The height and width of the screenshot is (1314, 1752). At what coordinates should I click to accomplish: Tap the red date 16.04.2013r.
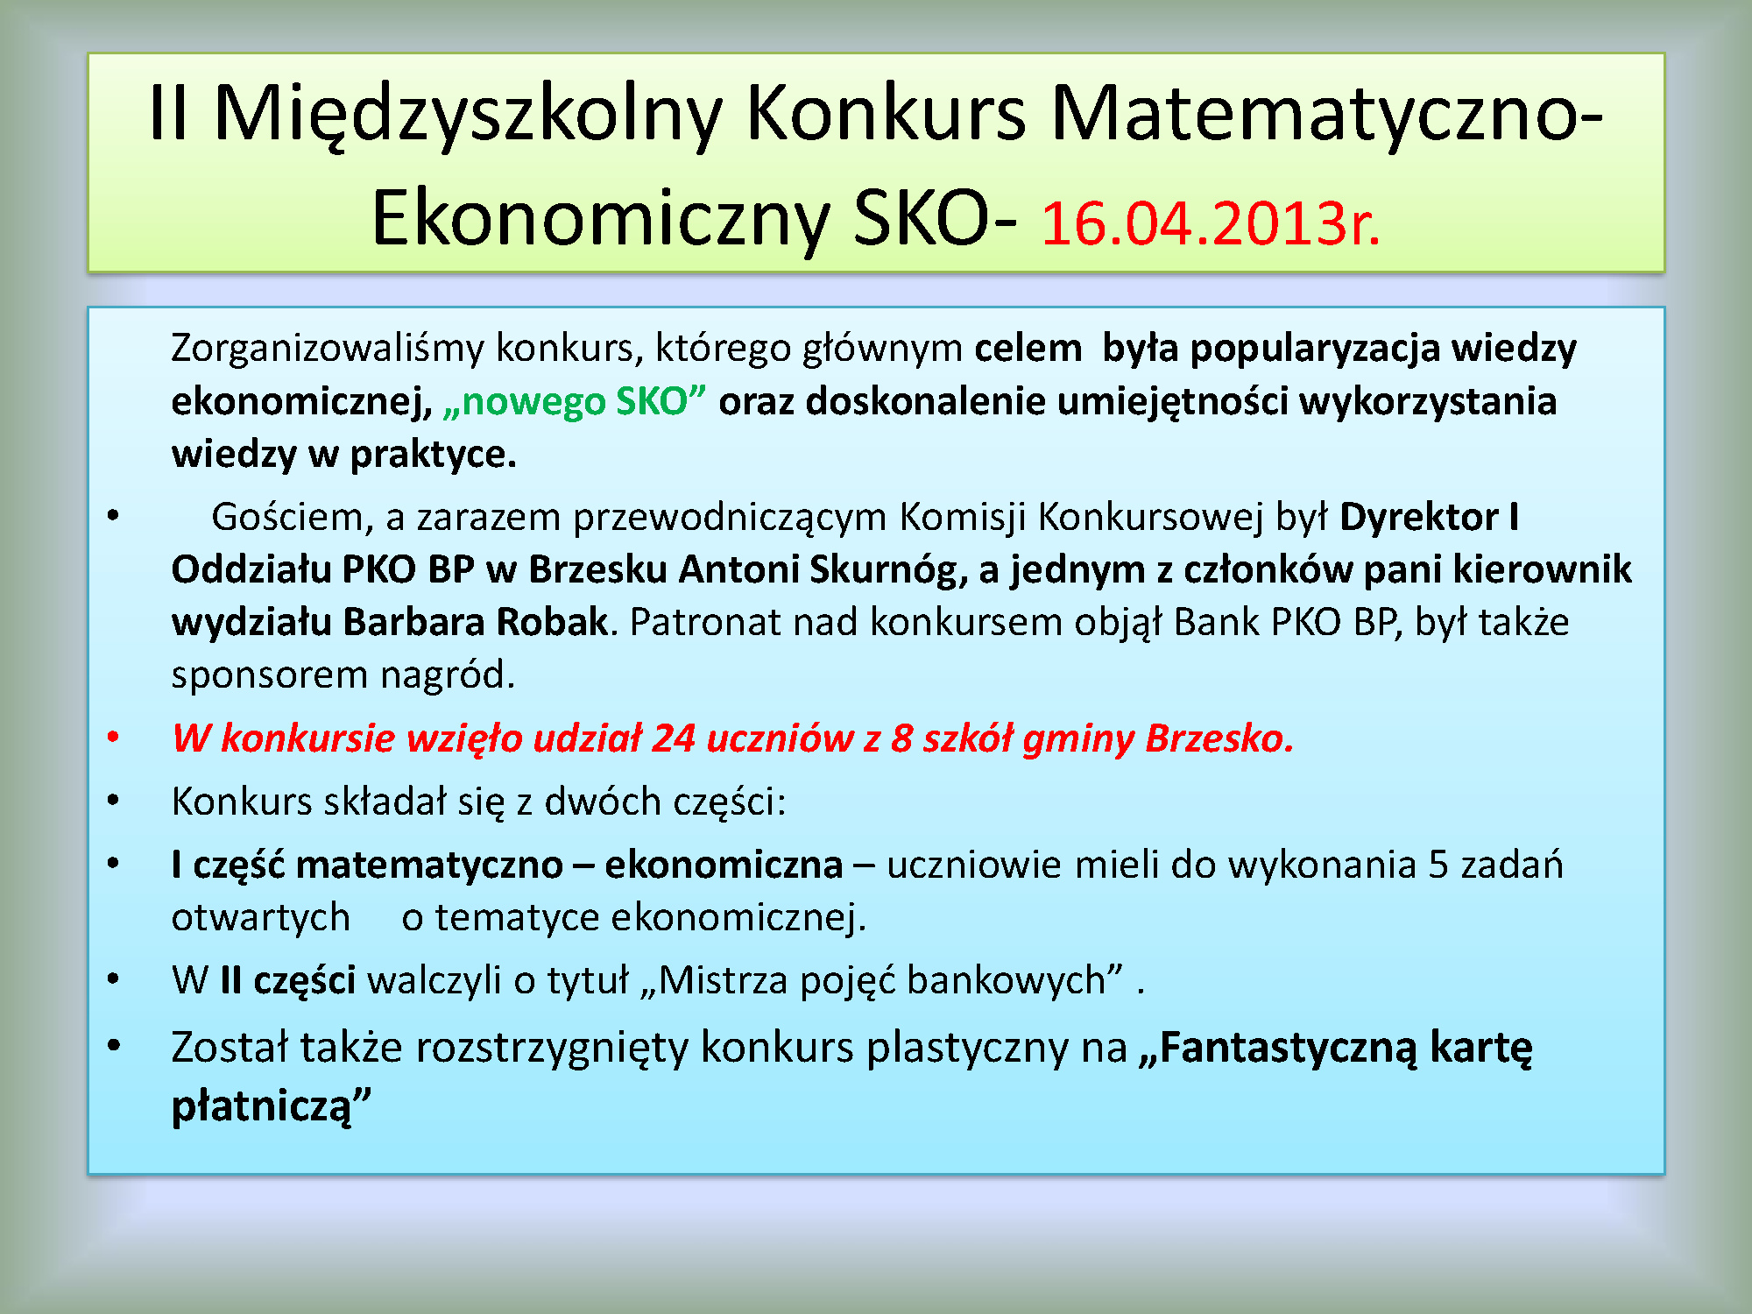tap(1211, 223)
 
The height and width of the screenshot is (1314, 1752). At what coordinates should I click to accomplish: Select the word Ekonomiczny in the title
tap(600, 219)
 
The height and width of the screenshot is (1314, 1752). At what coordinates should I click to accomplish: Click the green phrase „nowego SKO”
tap(575, 401)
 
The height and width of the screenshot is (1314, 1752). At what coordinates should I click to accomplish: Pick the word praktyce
tap(434, 455)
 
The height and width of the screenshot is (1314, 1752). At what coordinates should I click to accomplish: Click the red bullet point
tap(113, 738)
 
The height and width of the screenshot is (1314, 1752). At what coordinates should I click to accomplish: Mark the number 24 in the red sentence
tap(674, 738)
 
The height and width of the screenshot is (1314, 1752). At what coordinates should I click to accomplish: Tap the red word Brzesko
tap(1219, 738)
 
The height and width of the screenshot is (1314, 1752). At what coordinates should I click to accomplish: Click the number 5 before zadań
tap(1438, 865)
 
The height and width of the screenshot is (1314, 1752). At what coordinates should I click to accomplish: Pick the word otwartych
tap(261, 918)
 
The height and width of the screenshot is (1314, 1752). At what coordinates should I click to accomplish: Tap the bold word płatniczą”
tap(272, 1105)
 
